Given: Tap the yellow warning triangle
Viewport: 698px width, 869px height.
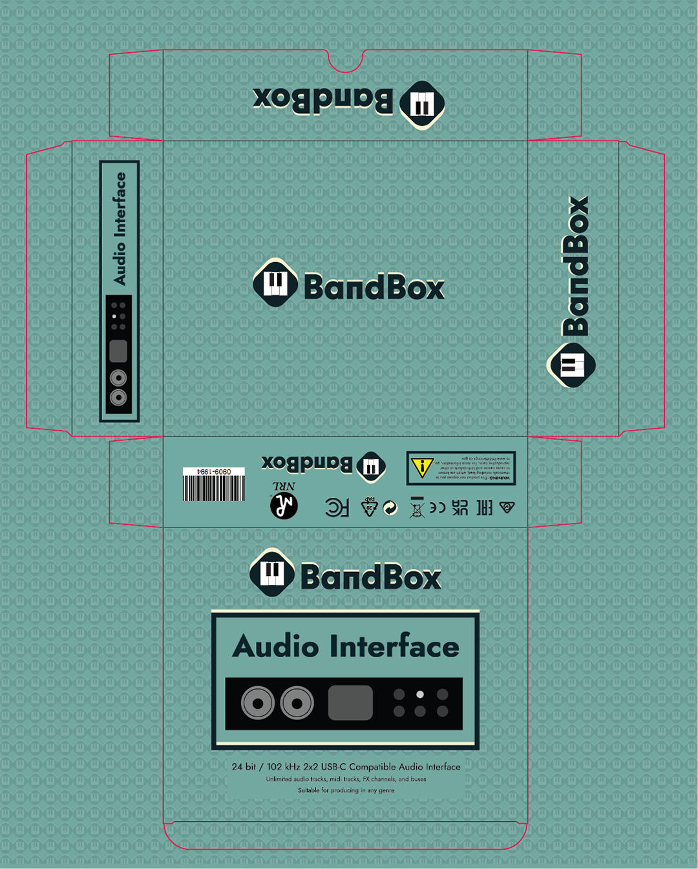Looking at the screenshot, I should pyautogui.click(x=422, y=467).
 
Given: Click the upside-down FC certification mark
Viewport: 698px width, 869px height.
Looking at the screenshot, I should pyautogui.click(x=337, y=507).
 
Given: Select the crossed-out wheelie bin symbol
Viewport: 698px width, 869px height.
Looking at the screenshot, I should pyautogui.click(x=417, y=508).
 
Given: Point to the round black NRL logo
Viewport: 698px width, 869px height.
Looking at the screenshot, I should pyautogui.click(x=284, y=506).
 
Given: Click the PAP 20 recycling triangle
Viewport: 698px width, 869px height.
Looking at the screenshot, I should pyautogui.click(x=369, y=507).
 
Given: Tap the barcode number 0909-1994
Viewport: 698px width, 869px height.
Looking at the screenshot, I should pyautogui.click(x=213, y=472).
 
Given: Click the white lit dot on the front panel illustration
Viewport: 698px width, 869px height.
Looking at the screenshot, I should pyautogui.click(x=420, y=695).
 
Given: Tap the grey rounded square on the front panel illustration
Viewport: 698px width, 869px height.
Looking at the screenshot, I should pyautogui.click(x=350, y=702).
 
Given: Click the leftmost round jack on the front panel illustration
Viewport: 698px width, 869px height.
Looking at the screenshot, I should pyautogui.click(x=258, y=703).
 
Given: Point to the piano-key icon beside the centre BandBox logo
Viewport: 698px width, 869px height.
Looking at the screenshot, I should pyautogui.click(x=275, y=283).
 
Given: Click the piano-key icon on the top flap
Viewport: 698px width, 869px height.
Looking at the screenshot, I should pyautogui.click(x=422, y=105).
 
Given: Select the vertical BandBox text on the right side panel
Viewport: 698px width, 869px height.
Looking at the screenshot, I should pyautogui.click(x=575, y=266).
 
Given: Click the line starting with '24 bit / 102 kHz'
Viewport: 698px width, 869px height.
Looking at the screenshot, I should pyautogui.click(x=346, y=767).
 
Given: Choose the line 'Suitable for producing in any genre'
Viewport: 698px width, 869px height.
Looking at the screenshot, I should pyautogui.click(x=346, y=790).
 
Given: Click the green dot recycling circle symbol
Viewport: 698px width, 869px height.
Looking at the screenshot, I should pyautogui.click(x=390, y=508).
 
